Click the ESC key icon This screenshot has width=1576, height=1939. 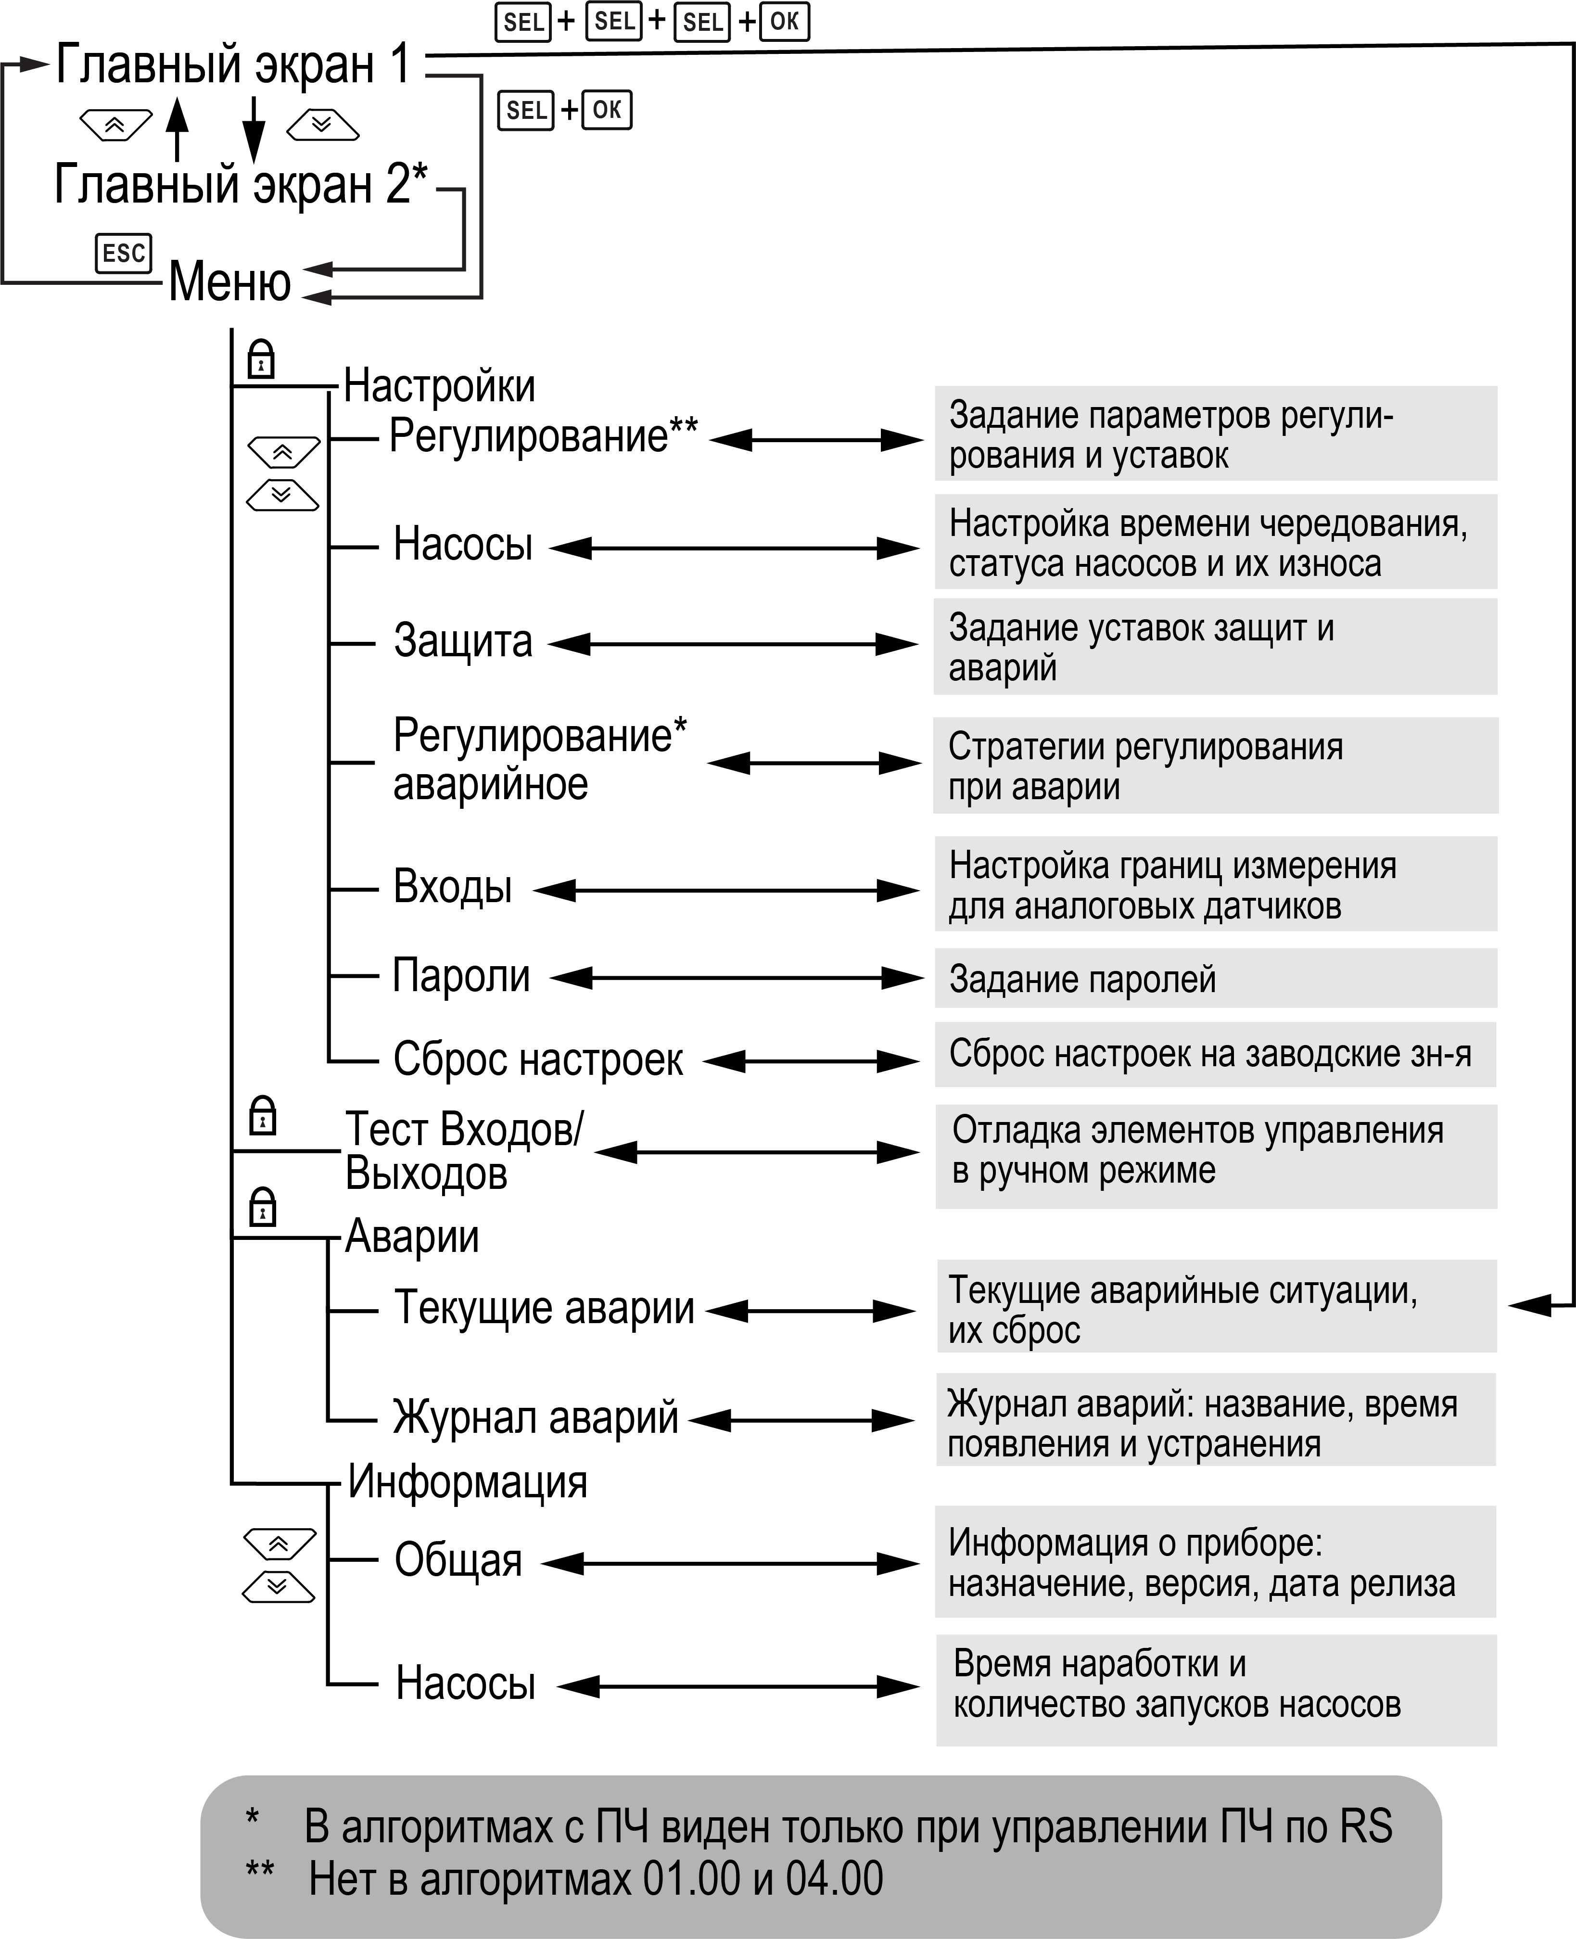point(124,253)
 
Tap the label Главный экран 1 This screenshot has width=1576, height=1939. point(233,65)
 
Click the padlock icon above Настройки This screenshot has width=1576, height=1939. point(261,359)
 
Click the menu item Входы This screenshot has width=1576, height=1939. point(452,887)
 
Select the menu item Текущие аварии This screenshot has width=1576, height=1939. point(545,1308)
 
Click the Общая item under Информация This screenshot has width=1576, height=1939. point(458,1560)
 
